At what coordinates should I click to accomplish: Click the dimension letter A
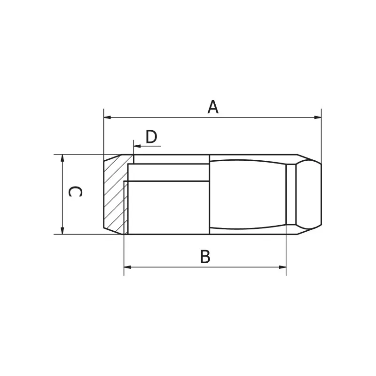coord(213,107)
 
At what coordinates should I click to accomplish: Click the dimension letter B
coord(205,257)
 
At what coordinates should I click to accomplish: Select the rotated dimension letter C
coord(75,192)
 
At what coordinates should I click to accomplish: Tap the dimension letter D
coord(151,137)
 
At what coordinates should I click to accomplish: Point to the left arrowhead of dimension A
coord(107,117)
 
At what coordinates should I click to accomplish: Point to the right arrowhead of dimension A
coord(318,117)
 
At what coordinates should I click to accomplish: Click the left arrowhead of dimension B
coord(127,267)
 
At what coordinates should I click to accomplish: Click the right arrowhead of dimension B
coord(282,267)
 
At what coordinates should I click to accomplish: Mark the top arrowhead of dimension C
coord(63,158)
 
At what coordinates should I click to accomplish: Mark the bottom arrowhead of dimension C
coord(63,230)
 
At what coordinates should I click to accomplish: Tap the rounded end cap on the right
coord(309,194)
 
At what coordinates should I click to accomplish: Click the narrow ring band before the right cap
coord(291,194)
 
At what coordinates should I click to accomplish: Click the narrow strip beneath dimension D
coord(171,159)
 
